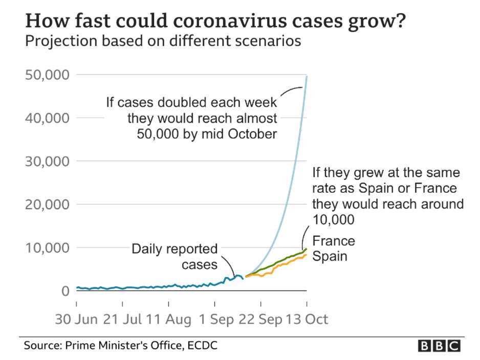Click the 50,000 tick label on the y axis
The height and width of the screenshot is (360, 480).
(x=47, y=75)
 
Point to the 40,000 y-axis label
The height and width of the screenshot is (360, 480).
(x=47, y=118)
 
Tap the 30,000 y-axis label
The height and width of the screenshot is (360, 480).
(x=47, y=162)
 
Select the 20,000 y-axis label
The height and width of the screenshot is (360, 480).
(x=47, y=205)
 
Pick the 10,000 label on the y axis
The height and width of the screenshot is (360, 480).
(x=47, y=248)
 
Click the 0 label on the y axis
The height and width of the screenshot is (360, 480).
(x=64, y=291)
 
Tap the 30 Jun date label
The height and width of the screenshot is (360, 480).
(x=76, y=320)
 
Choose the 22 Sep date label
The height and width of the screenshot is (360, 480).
(x=260, y=320)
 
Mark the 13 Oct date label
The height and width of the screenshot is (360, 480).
(x=307, y=320)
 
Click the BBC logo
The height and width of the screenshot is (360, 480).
(x=440, y=346)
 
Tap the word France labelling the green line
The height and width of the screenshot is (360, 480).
(x=334, y=241)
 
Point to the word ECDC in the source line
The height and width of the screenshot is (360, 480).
(x=202, y=346)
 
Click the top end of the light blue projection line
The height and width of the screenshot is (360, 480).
(x=307, y=76)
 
